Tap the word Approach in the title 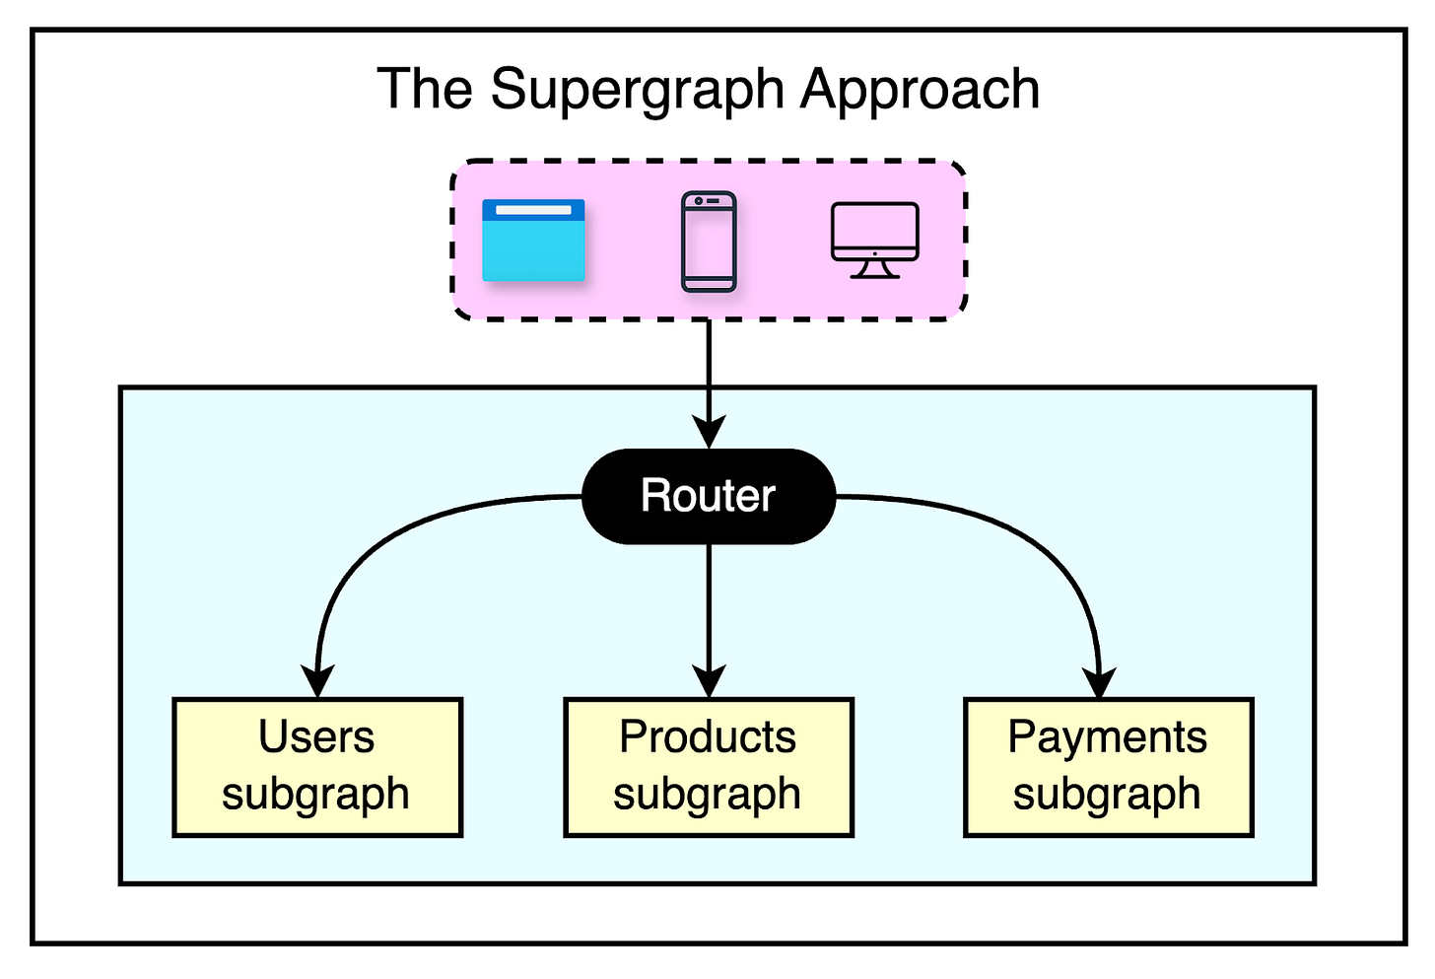point(920,91)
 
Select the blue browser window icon point(533,241)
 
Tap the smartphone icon point(709,242)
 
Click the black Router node point(709,496)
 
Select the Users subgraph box point(317,767)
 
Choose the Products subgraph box point(708,767)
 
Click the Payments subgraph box point(1108,767)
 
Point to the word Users point(316,737)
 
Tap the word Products point(708,737)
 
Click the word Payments point(1107,737)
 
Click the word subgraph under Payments point(1107,795)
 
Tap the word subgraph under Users point(315,795)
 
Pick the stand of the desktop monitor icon point(874,269)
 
